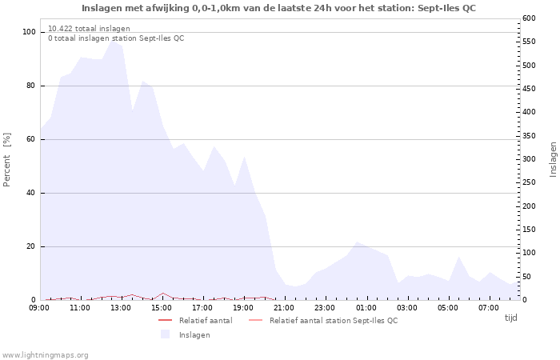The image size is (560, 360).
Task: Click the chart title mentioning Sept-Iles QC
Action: [x=278, y=8]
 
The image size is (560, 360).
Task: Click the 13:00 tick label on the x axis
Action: [x=121, y=307]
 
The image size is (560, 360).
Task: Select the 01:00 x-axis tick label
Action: [x=366, y=307]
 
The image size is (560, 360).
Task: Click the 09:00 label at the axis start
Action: [x=39, y=307]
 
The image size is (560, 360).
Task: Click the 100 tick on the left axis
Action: [x=29, y=32]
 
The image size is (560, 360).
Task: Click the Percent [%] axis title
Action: [x=7, y=160]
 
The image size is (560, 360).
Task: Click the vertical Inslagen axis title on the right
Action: [x=553, y=159]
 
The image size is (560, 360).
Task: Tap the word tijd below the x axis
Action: [x=510, y=318]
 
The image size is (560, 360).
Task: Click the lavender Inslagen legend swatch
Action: [x=165, y=334]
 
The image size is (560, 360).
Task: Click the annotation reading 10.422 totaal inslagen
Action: [x=89, y=29]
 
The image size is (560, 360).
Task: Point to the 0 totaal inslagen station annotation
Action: [x=115, y=38]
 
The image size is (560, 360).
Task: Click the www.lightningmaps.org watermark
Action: [x=45, y=355]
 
